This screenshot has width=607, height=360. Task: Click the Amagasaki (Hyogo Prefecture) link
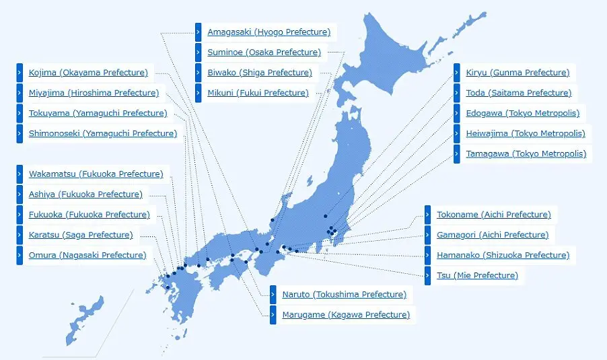(269, 32)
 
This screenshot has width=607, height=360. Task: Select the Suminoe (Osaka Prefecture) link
(264, 52)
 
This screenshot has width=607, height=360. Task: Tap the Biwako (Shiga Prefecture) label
(259, 73)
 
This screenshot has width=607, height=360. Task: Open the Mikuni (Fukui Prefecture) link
(258, 93)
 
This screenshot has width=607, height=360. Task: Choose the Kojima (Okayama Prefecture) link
(87, 73)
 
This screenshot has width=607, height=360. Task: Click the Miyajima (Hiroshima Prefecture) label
(94, 93)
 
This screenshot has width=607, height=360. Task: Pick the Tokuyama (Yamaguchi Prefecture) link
(98, 113)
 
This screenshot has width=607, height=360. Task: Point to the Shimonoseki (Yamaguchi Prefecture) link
(102, 133)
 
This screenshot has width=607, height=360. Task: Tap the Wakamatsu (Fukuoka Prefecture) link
(96, 174)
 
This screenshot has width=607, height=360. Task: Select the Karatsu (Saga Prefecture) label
(81, 235)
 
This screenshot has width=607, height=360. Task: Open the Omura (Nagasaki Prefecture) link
(87, 255)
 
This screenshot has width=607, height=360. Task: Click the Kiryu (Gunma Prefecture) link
(517, 73)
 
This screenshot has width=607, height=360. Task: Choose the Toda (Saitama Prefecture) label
(518, 93)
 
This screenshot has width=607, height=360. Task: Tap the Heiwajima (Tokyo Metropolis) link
(525, 133)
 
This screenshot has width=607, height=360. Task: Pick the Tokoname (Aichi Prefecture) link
(493, 215)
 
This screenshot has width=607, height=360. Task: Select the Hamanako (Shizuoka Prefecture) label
(503, 255)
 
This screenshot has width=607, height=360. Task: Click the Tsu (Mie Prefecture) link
(477, 275)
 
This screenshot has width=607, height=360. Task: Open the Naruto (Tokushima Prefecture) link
(344, 295)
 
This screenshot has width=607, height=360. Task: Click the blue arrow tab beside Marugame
(273, 315)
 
